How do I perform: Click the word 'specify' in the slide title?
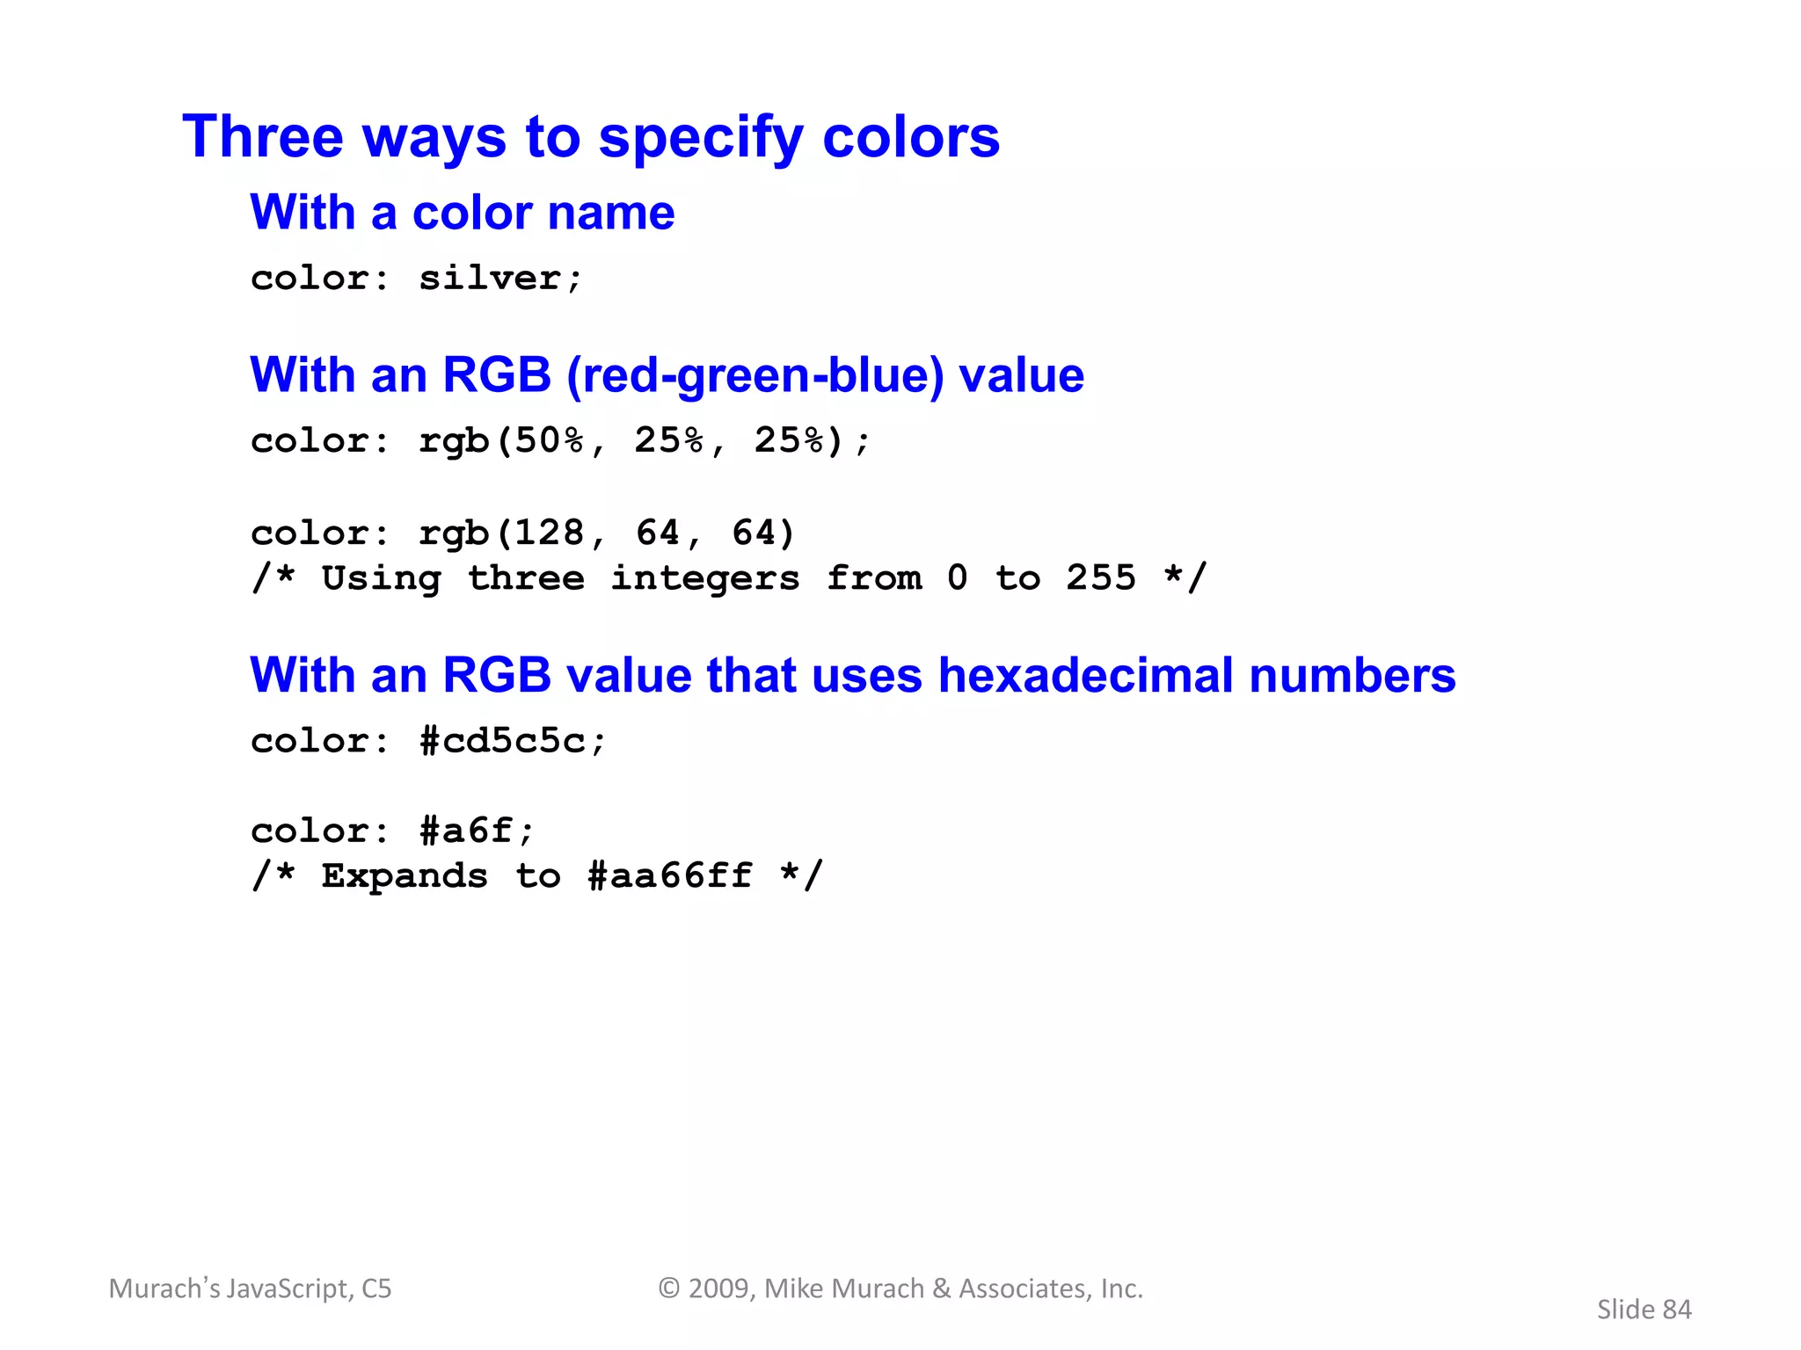[700, 138]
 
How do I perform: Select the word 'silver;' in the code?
[500, 279]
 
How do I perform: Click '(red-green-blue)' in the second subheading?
[755, 375]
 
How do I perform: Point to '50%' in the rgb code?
[549, 440]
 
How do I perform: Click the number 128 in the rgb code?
[549, 533]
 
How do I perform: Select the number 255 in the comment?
[1101, 577]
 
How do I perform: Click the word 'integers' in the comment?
[704, 578]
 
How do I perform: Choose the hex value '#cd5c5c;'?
[513, 741]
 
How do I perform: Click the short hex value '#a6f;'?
[477, 831]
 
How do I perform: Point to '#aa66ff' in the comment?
[669, 875]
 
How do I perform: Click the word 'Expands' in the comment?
[405, 875]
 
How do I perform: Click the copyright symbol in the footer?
[669, 1288]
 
